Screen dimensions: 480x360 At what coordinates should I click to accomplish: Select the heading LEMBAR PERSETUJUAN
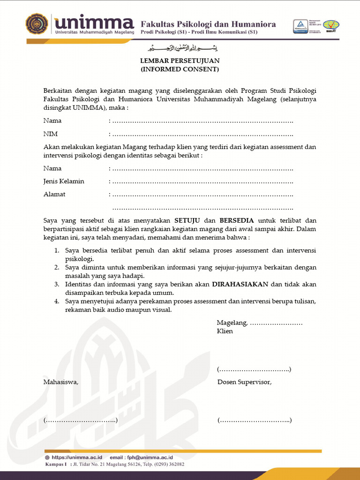coord(180,61)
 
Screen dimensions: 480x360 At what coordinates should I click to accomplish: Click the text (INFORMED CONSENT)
coord(180,69)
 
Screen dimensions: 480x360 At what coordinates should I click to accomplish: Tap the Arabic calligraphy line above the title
coord(183,48)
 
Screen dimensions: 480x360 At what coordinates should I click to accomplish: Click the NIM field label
coord(50,134)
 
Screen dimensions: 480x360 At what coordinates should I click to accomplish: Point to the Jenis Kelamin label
coord(64,181)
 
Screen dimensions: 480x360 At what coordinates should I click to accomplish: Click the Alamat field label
coord(54,194)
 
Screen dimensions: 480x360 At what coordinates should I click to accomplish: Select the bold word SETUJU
coord(188,220)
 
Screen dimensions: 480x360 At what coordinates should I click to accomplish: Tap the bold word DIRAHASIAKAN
coord(240,284)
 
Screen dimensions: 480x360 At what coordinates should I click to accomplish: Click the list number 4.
coord(56,301)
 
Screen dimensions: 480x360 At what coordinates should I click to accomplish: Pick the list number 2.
coord(56,267)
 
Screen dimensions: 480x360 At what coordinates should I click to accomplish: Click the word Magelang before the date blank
coord(232,322)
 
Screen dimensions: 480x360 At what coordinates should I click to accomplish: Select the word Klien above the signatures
coord(225,331)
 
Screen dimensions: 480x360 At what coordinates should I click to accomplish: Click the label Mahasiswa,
coord(61,382)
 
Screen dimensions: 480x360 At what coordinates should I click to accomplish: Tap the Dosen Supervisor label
coord(244,382)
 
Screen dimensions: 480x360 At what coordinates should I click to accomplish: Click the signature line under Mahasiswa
coord(80,420)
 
